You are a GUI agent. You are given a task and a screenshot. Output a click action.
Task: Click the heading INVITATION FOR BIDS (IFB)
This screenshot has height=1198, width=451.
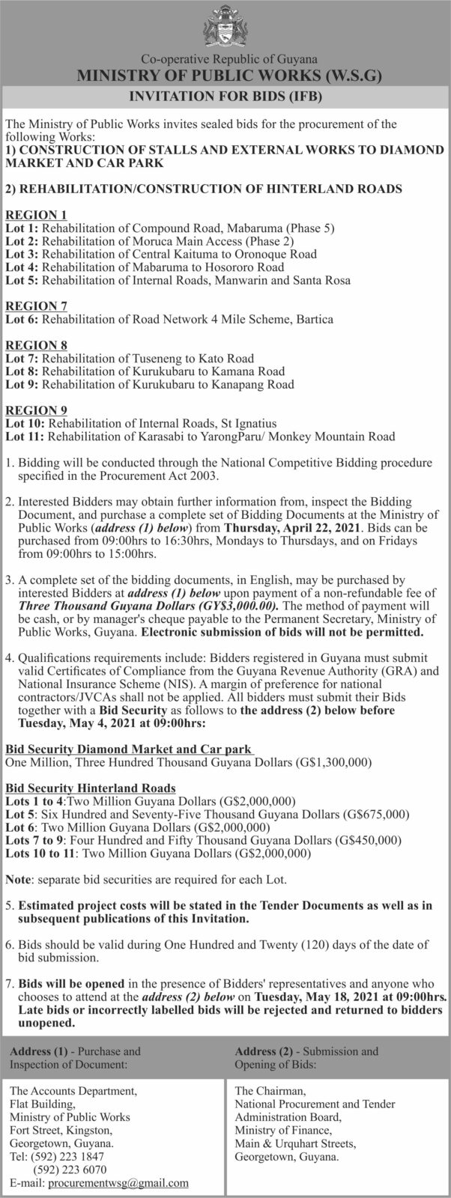tap(225, 96)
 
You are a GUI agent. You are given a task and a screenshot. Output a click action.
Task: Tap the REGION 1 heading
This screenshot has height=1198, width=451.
tap(37, 214)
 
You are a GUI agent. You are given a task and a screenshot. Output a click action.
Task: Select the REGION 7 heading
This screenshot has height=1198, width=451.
tap(37, 305)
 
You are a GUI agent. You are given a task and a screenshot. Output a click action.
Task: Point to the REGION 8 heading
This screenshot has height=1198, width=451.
tap(37, 345)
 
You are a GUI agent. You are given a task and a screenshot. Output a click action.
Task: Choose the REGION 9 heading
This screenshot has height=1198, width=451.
tap(37, 410)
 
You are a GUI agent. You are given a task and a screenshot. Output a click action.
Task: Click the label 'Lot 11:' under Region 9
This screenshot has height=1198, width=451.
tap(25, 436)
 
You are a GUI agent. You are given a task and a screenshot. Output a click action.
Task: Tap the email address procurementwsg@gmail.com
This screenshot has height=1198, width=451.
tap(118, 1183)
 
